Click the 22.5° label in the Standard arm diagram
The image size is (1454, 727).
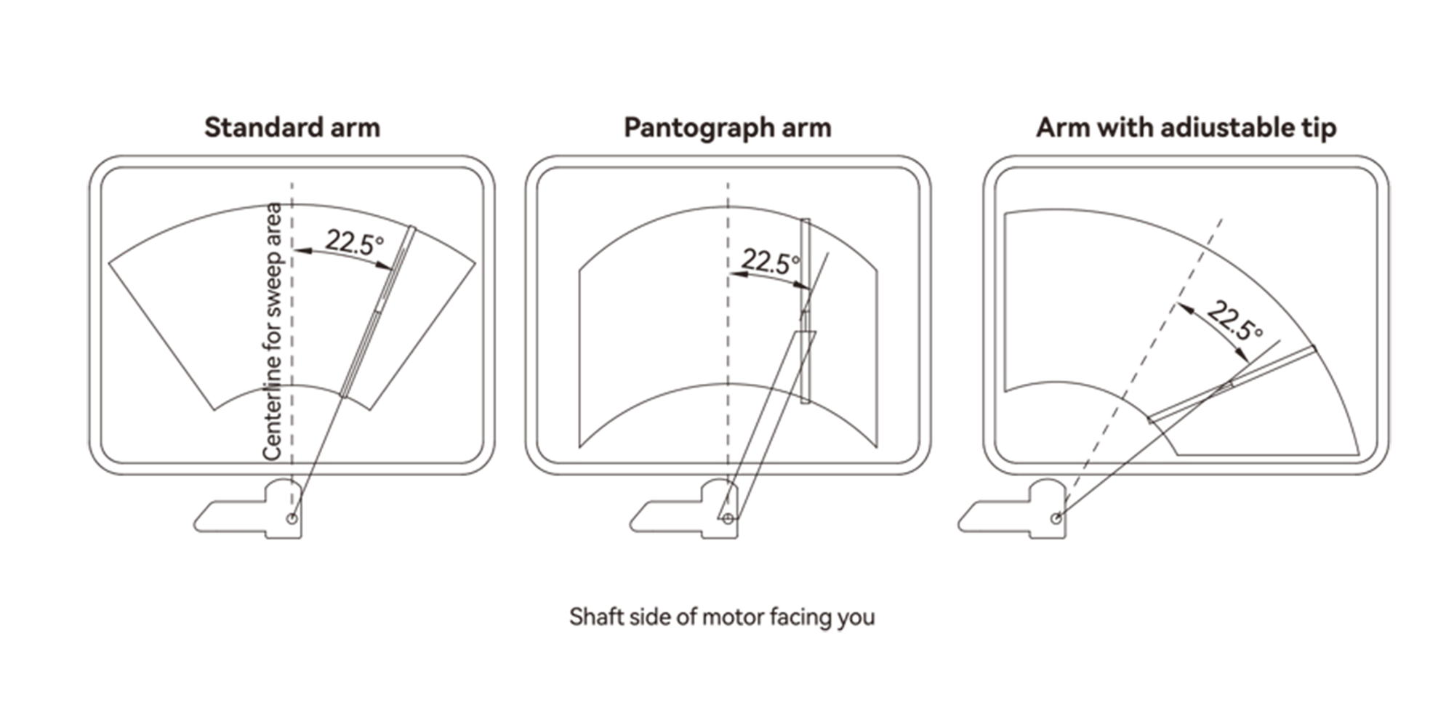coord(354,242)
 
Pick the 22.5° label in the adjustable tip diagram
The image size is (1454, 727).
coord(1234,321)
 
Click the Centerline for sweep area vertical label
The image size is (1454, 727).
coord(273,332)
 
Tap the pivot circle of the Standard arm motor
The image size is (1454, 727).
coord(292,518)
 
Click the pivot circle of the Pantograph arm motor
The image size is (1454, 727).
coord(728,518)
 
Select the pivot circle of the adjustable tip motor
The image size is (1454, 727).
coord(1056,518)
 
